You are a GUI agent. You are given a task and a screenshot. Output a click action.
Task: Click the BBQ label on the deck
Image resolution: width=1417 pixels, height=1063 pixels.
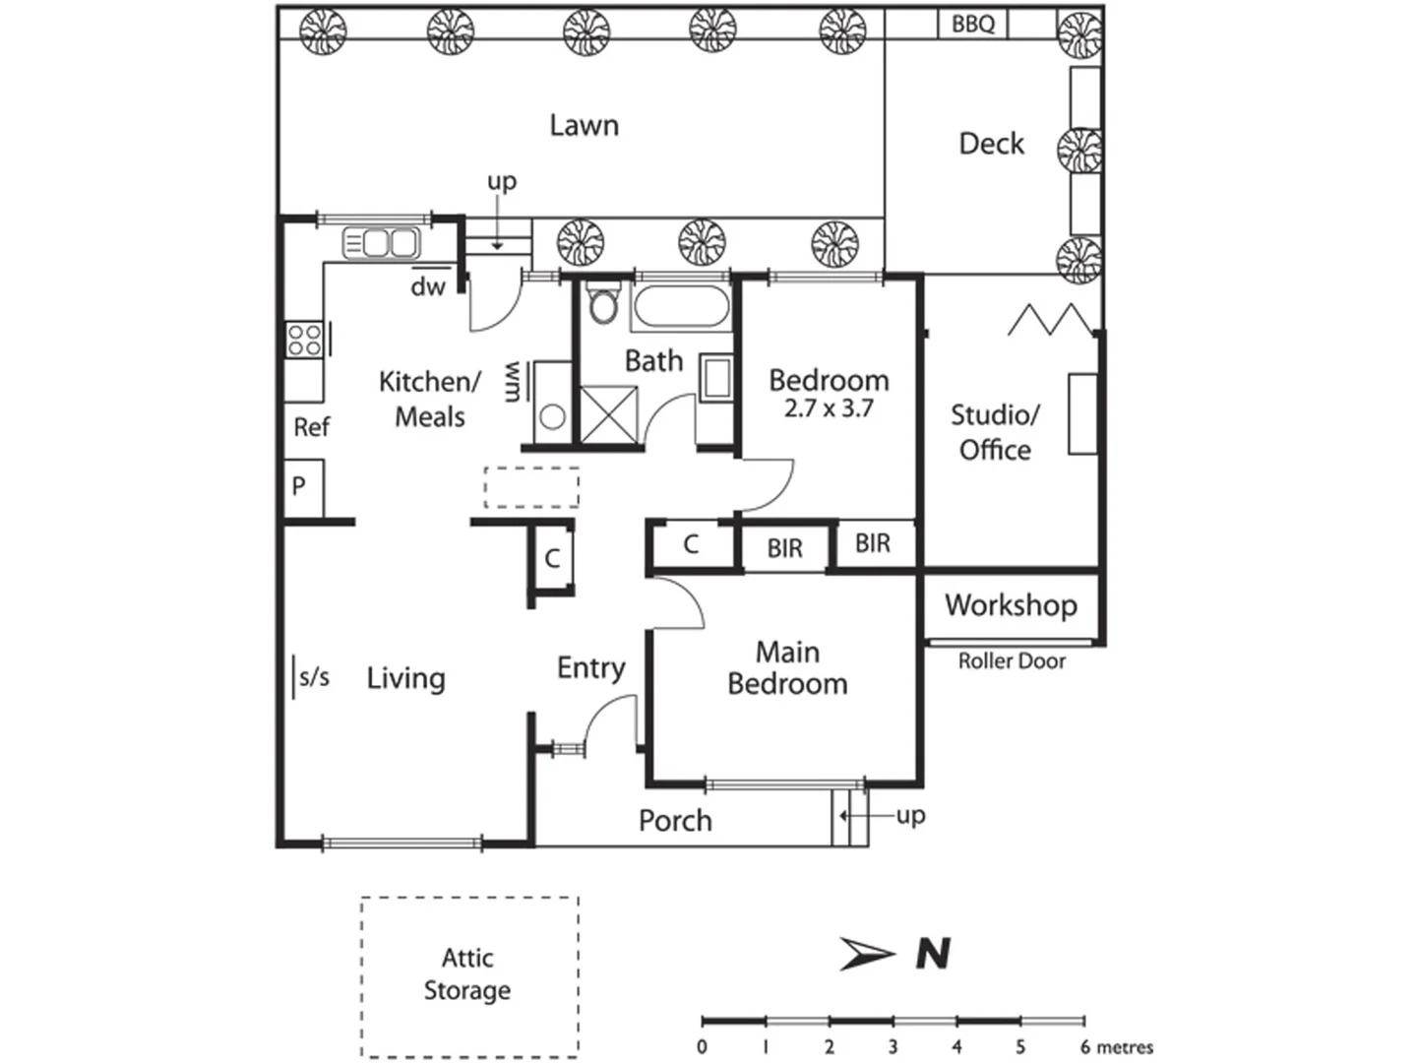pyautogui.click(x=972, y=24)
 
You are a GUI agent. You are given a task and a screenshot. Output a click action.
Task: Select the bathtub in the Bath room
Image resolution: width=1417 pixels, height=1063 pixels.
pyautogui.click(x=681, y=307)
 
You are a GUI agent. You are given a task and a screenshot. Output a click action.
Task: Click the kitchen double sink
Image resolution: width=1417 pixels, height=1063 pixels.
pyautogui.click(x=381, y=242)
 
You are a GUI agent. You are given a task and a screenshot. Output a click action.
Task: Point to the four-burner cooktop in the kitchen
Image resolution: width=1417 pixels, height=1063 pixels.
pyautogui.click(x=304, y=340)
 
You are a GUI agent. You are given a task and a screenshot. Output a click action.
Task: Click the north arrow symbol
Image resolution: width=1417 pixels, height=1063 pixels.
pyautogui.click(x=867, y=954)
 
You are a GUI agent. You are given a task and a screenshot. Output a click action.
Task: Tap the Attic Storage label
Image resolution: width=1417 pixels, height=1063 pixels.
pyautogui.click(x=467, y=973)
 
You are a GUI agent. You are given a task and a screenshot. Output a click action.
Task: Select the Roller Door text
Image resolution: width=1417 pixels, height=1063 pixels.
pyautogui.click(x=1012, y=661)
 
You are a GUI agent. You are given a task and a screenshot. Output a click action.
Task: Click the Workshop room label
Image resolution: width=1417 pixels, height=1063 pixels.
pyautogui.click(x=1011, y=604)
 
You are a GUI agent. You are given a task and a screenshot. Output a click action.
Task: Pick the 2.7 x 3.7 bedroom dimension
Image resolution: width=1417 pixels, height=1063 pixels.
pyautogui.click(x=829, y=408)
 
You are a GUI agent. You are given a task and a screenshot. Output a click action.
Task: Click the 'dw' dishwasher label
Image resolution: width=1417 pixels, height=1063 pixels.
pyautogui.click(x=428, y=286)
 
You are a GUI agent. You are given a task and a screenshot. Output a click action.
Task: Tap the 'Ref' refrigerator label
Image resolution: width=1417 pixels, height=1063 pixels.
pyautogui.click(x=311, y=427)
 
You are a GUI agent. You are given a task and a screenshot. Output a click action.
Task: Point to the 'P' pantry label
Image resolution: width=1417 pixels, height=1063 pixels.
pyautogui.click(x=299, y=485)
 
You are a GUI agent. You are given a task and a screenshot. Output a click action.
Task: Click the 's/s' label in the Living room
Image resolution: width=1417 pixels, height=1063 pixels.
pyautogui.click(x=314, y=677)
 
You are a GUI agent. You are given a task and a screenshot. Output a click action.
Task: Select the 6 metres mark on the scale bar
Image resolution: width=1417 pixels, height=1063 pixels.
pyautogui.click(x=1116, y=1047)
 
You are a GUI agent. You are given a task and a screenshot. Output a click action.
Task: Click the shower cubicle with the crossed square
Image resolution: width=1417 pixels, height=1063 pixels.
pyautogui.click(x=609, y=414)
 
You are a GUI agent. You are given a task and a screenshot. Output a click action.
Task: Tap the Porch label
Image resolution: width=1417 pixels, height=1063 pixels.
pyautogui.click(x=675, y=820)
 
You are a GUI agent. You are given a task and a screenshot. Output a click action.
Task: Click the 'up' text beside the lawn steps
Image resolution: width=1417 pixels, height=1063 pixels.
pyautogui.click(x=502, y=181)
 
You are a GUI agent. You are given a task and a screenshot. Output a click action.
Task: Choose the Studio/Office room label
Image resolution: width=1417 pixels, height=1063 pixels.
pyautogui.click(x=995, y=432)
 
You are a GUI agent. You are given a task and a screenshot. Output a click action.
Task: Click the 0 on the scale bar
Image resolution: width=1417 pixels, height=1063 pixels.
pyautogui.click(x=702, y=1047)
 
